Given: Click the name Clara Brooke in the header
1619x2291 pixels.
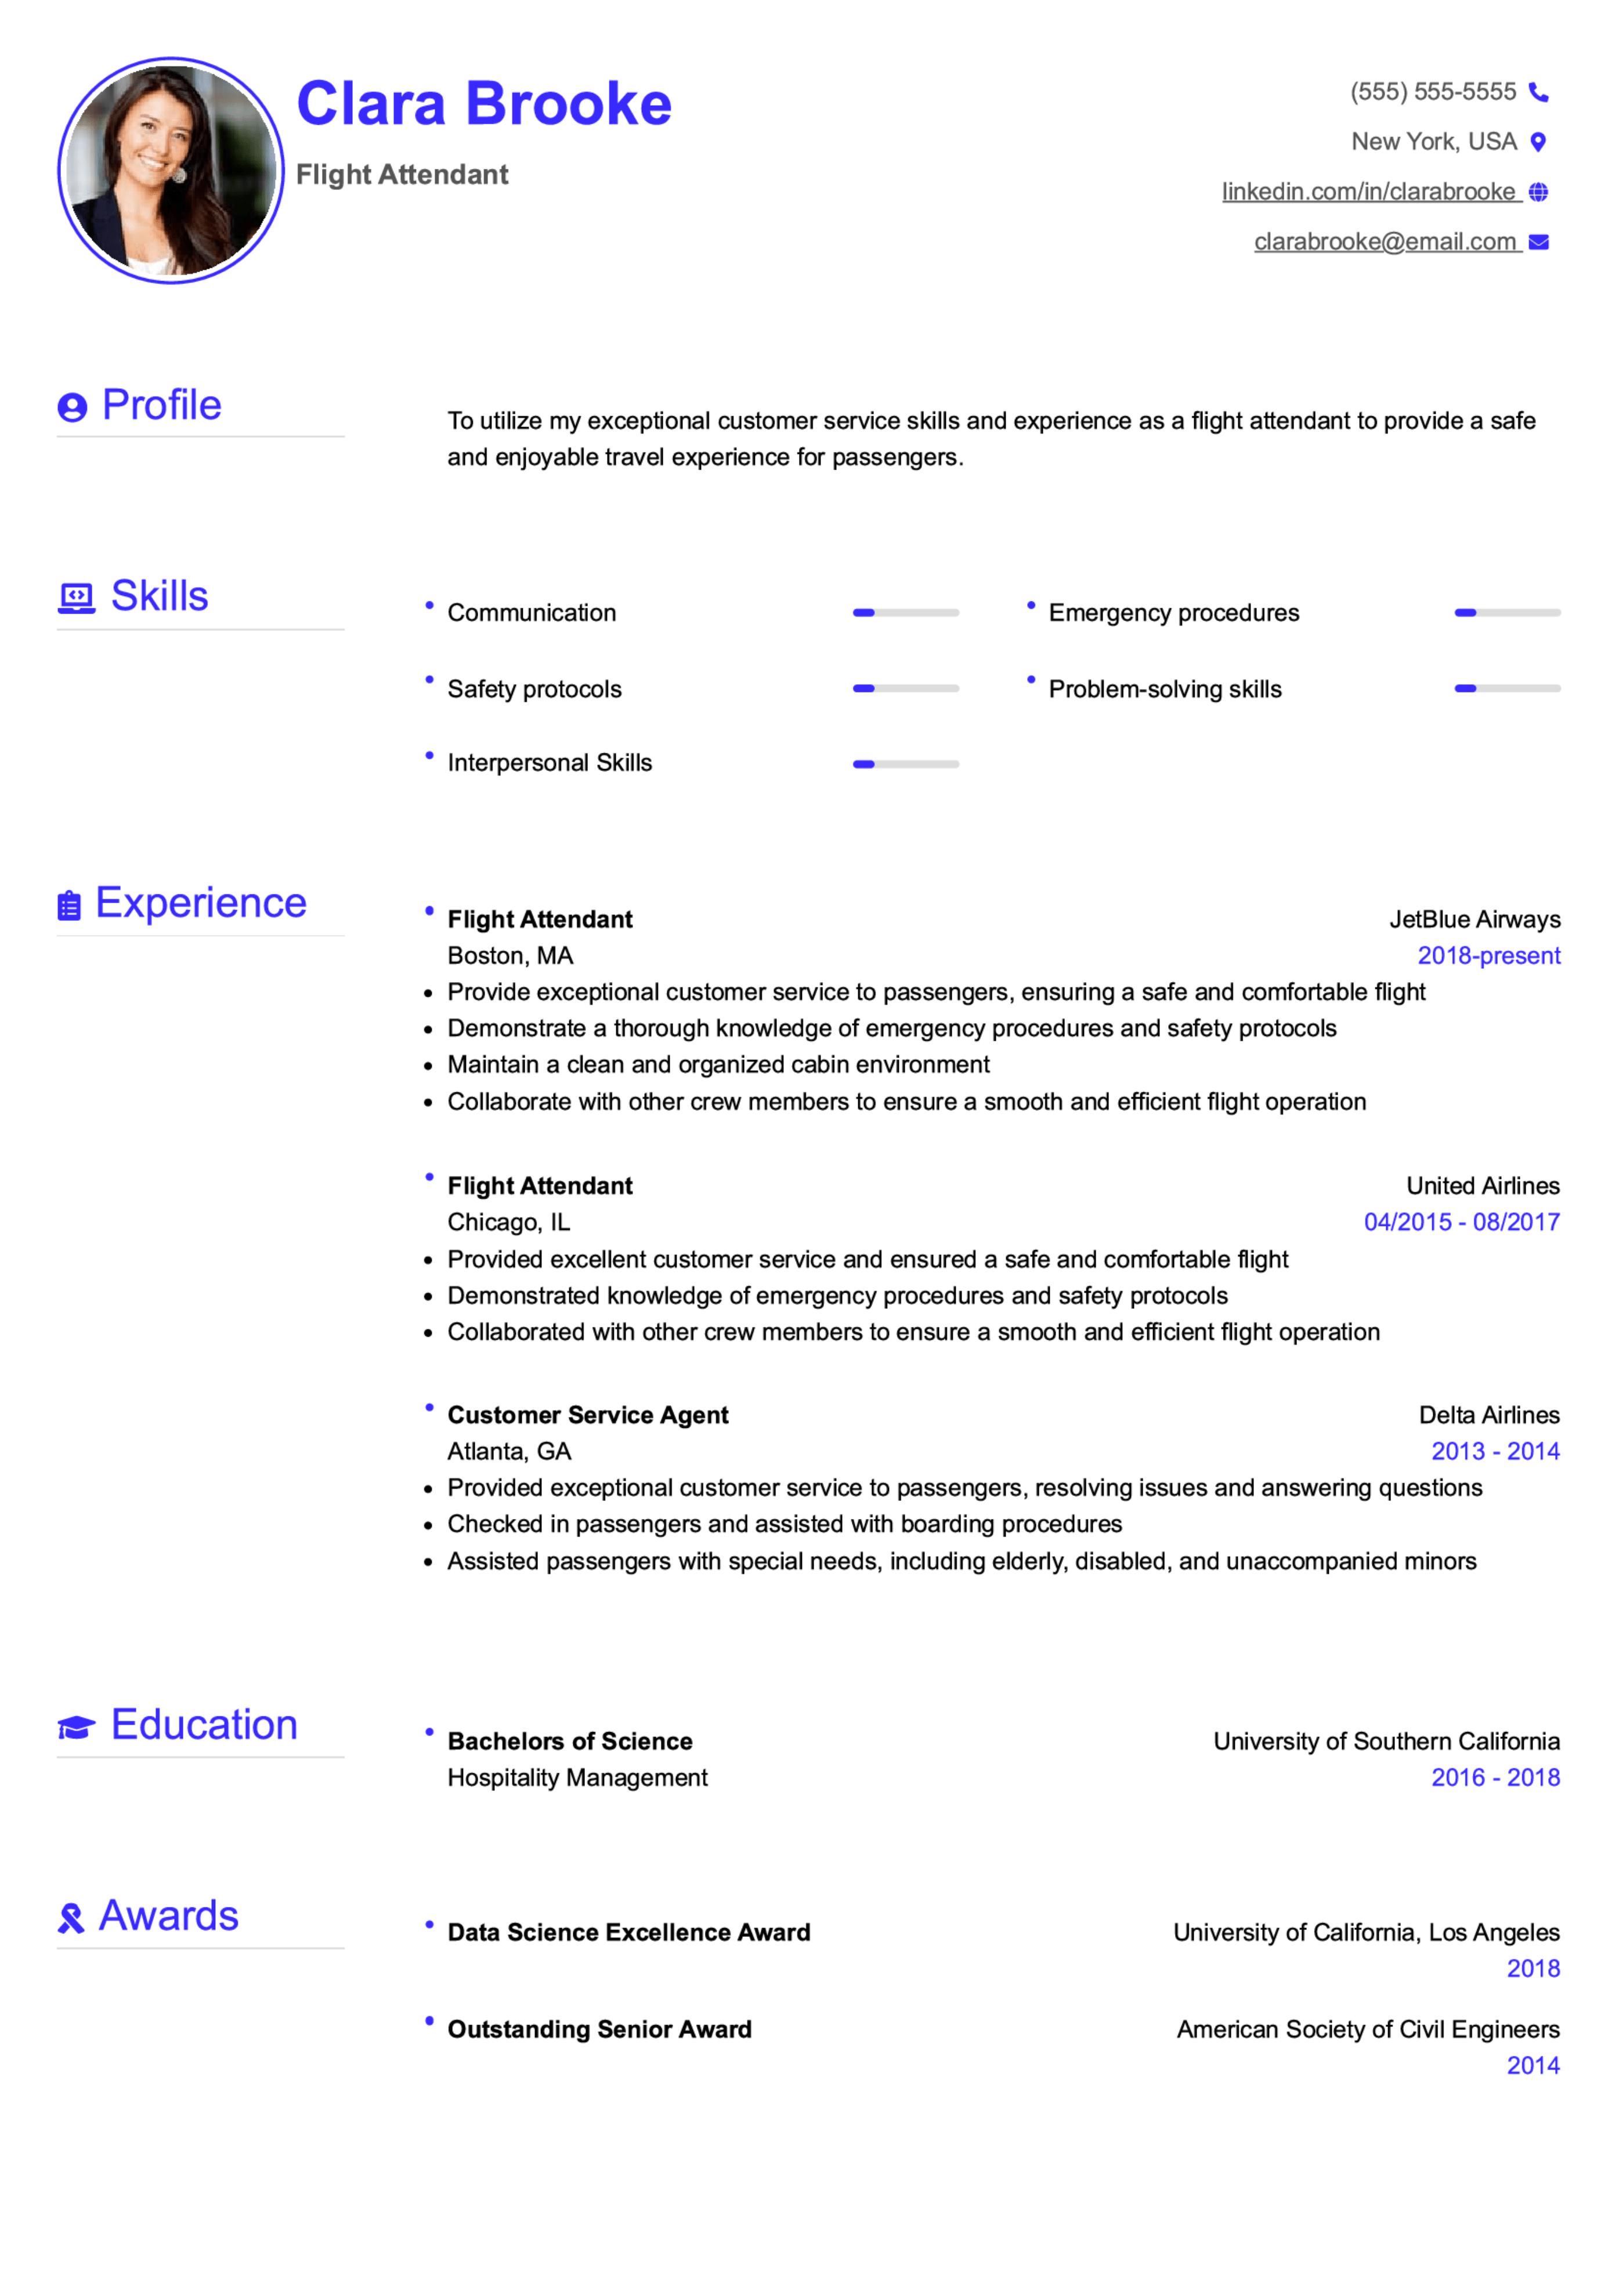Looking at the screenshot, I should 484,104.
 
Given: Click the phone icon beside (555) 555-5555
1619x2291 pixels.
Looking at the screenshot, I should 1538,93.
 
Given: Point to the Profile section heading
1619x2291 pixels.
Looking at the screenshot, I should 161,405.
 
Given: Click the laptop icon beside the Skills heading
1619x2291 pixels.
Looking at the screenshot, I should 76,598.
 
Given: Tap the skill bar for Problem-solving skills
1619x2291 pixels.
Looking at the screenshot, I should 1506,688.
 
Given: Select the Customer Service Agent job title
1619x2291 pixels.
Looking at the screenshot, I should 588,1415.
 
